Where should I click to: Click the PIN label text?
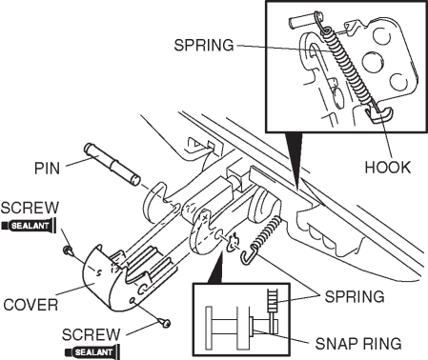pyautogui.click(x=47, y=168)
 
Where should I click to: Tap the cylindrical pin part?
pyautogui.click(x=112, y=164)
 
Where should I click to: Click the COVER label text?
pyautogui.click(x=31, y=305)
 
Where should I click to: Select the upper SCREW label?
pyautogui.click(x=30, y=208)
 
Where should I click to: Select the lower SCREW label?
pyautogui.click(x=92, y=334)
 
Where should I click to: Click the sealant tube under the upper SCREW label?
pyautogui.click(x=29, y=226)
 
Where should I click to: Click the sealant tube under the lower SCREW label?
pyautogui.click(x=92, y=352)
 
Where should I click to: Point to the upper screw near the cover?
pyautogui.click(x=68, y=250)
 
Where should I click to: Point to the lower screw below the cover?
pyautogui.click(x=166, y=323)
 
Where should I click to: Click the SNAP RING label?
pyautogui.click(x=358, y=343)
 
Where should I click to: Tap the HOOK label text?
pyautogui.click(x=387, y=168)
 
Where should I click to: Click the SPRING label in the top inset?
pyautogui.click(x=204, y=45)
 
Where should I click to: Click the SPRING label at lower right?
pyautogui.click(x=355, y=296)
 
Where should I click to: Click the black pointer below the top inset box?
pyautogui.click(x=294, y=160)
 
